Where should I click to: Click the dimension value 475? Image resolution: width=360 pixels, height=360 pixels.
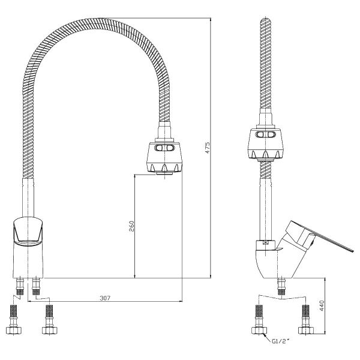click(207, 147)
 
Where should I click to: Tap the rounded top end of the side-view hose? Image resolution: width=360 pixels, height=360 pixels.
click(265, 24)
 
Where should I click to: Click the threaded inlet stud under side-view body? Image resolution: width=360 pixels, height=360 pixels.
click(281, 287)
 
